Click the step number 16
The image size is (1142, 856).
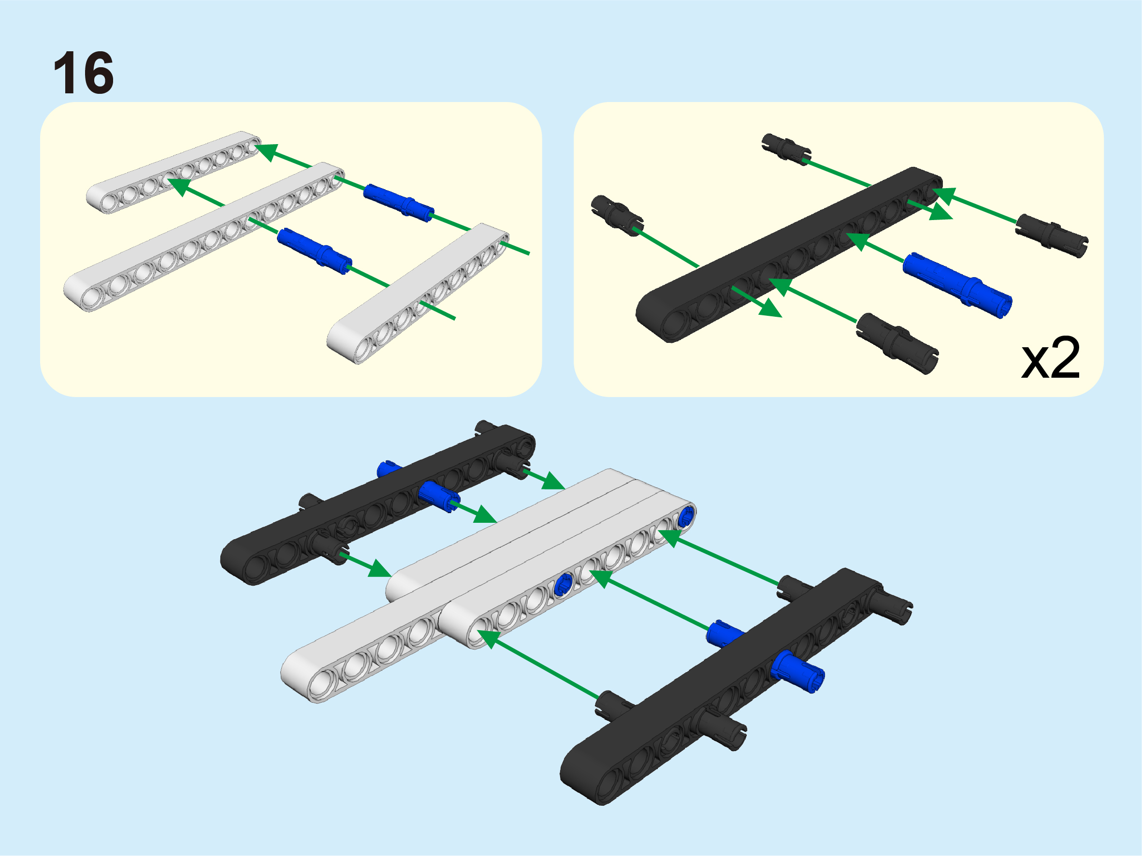click(x=83, y=73)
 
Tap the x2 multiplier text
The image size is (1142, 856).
click(x=1050, y=358)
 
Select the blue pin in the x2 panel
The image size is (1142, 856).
click(x=957, y=285)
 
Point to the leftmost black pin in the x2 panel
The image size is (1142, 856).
click(x=617, y=215)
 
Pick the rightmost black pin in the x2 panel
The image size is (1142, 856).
click(x=1052, y=236)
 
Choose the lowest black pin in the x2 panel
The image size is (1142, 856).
click(x=897, y=343)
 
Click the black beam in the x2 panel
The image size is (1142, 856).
click(x=789, y=254)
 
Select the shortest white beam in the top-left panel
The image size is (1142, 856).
click(x=173, y=172)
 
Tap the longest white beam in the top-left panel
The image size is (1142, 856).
click(x=204, y=236)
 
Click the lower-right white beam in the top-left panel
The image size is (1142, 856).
click(x=418, y=294)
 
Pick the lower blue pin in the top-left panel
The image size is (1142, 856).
click(x=315, y=251)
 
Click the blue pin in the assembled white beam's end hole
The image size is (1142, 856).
click(x=687, y=516)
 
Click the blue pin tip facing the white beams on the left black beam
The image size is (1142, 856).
click(x=439, y=497)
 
